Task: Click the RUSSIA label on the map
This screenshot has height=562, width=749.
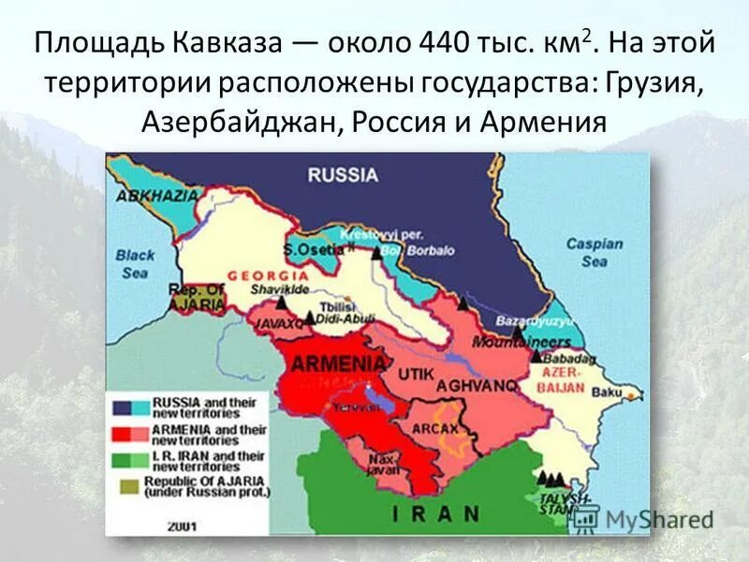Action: [x=343, y=174]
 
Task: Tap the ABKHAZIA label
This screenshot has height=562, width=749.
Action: [x=156, y=196]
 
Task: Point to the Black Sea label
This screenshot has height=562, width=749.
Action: [x=135, y=262]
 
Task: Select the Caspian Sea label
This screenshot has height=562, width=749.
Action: [x=594, y=253]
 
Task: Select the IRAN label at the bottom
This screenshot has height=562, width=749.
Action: [x=435, y=513]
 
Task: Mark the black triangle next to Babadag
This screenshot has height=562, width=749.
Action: [x=536, y=356]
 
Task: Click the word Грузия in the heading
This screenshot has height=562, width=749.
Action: [x=654, y=83]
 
